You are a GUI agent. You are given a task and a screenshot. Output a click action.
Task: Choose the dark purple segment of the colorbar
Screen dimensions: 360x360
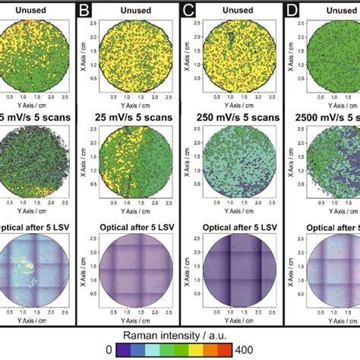click(129, 350)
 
